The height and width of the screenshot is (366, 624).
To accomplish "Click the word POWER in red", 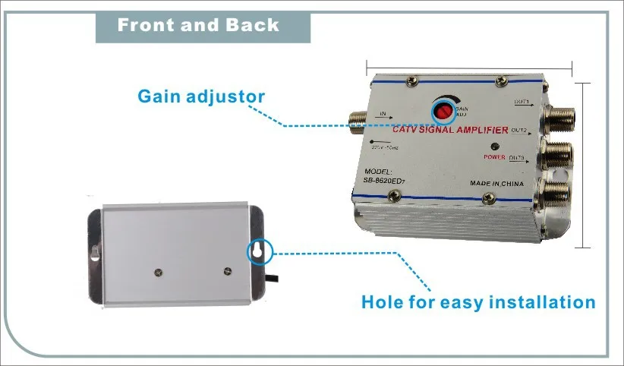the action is (495, 156).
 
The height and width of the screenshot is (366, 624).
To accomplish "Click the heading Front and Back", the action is (198, 25).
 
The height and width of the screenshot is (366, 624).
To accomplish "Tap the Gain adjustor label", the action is (201, 96).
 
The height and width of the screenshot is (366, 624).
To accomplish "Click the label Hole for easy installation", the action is (477, 302).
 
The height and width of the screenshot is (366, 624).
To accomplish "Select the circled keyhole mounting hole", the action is (257, 251).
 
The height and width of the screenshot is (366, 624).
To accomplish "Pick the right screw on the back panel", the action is (226, 270).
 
